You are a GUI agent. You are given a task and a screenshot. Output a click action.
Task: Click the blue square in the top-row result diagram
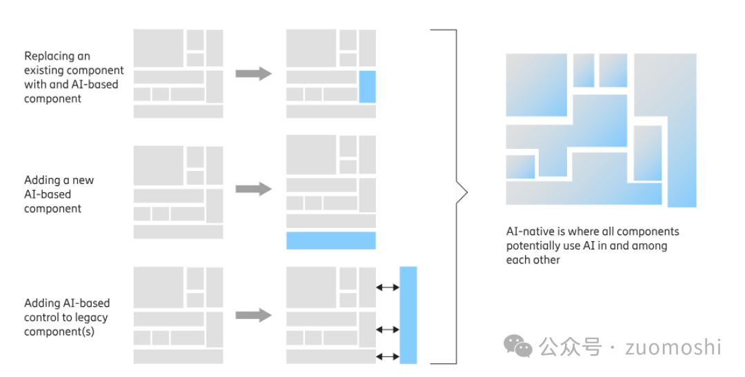[x=367, y=87]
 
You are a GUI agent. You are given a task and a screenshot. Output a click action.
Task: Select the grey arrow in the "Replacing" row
[x=253, y=73]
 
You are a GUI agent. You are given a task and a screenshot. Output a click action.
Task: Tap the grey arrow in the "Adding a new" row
[x=253, y=189]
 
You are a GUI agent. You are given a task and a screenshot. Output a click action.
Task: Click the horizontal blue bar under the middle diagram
[x=330, y=241]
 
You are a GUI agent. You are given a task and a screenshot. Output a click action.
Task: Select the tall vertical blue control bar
[x=408, y=315]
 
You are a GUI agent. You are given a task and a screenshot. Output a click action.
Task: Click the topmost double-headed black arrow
[x=388, y=287]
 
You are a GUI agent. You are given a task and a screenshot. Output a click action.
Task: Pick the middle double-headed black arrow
[x=388, y=329]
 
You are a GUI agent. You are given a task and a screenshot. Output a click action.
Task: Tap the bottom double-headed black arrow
[x=388, y=356]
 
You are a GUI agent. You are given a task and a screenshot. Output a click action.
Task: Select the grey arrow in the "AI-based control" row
[x=253, y=315]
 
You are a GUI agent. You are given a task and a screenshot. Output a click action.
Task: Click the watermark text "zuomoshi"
[x=673, y=347]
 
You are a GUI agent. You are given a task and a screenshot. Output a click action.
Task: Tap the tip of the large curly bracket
[x=466, y=194]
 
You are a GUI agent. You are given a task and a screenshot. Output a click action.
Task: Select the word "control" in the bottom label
[x=43, y=318]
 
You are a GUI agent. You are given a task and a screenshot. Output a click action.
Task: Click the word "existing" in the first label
[x=45, y=70]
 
